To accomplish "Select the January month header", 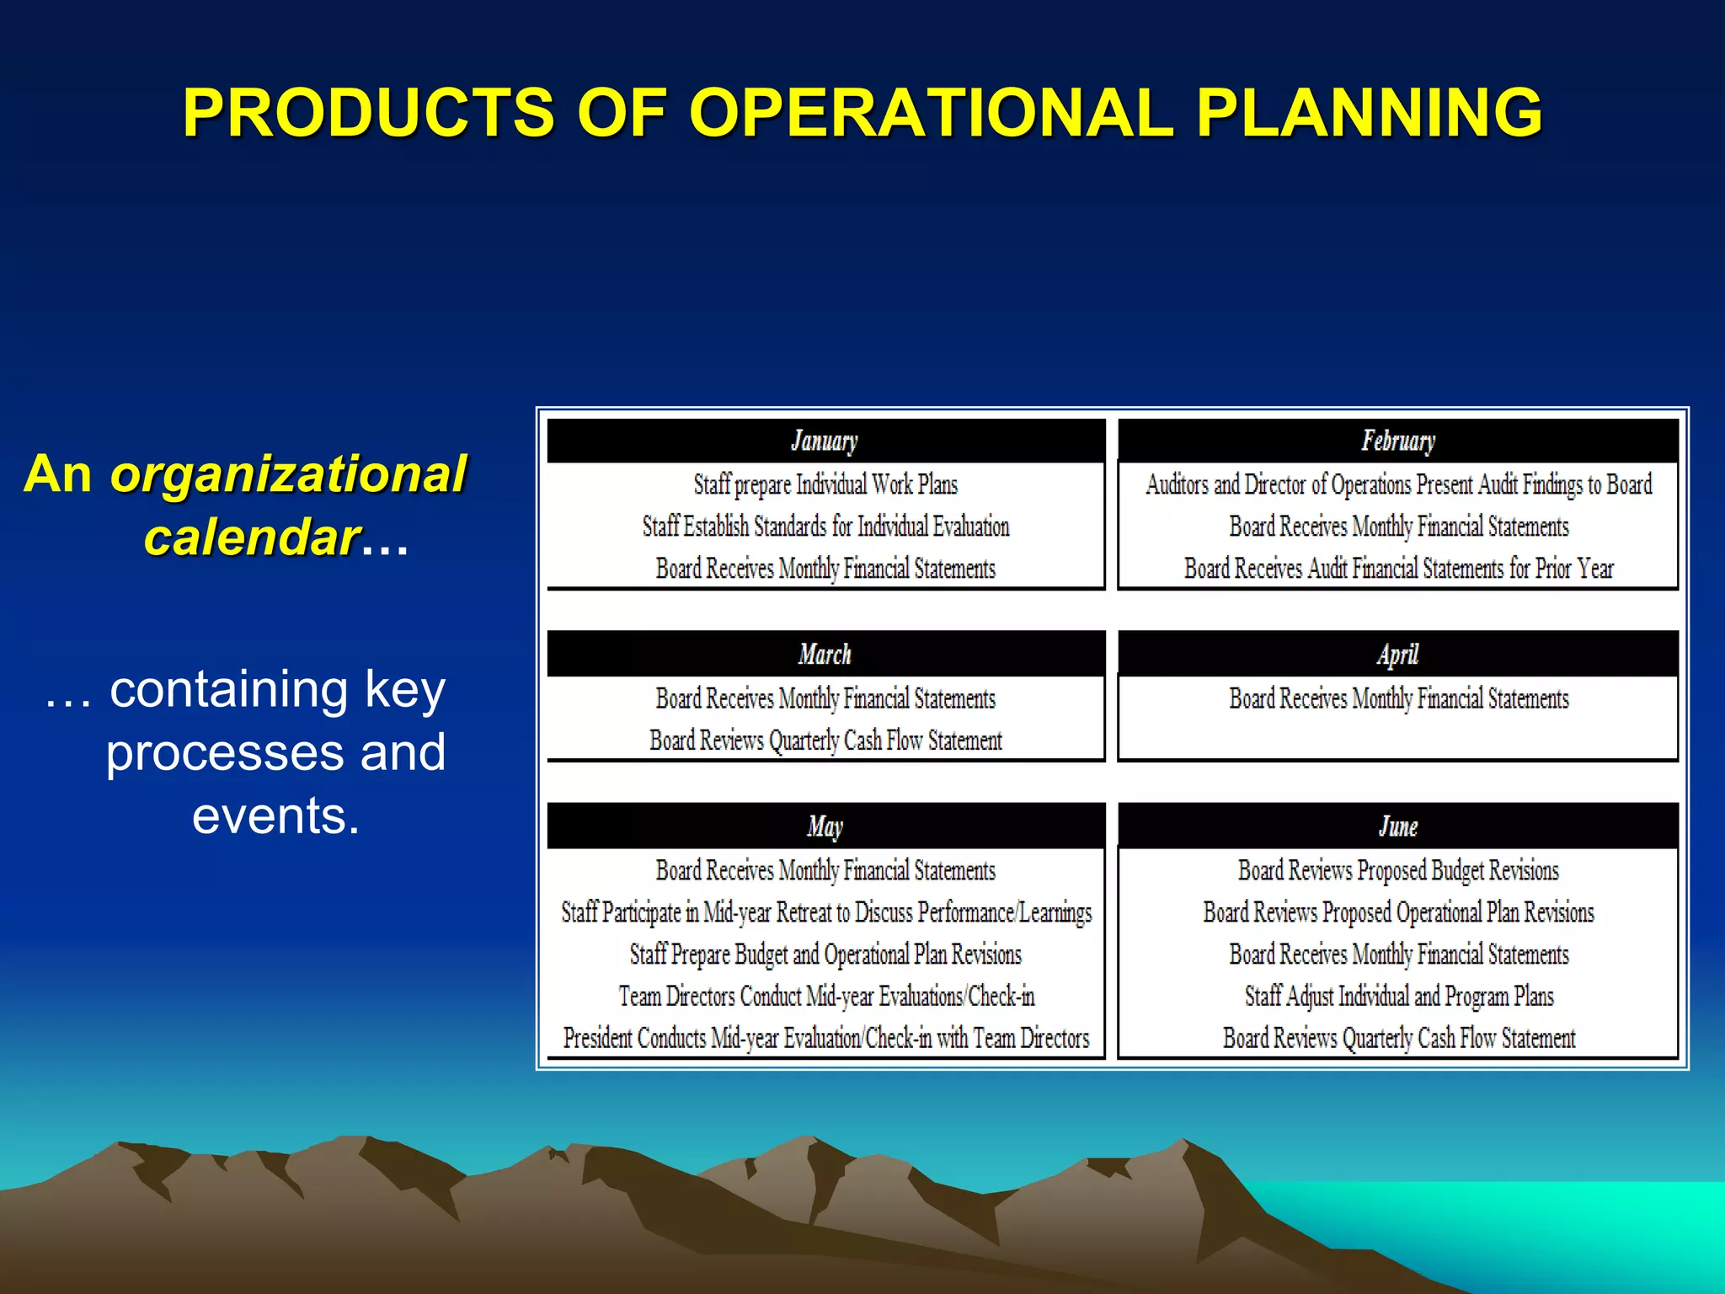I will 825,441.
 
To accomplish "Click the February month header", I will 1398,441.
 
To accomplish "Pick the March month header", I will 825,654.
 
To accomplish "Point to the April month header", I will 1398,654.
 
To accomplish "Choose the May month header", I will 825,826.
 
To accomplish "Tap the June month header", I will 1398,826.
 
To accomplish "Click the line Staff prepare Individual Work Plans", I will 825,484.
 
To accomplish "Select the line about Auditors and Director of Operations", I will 1398,484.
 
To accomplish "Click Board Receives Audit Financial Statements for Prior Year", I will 1398,569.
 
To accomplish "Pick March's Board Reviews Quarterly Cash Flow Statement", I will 825,741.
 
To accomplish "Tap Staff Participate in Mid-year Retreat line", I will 825,912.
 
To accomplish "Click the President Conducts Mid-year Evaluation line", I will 825,1038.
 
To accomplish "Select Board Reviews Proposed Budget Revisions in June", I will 1398,870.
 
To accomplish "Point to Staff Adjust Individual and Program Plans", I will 1398,997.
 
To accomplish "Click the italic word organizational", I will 288,474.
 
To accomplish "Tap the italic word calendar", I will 252,537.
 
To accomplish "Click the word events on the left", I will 275,815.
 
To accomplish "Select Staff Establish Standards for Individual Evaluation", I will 825,527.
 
